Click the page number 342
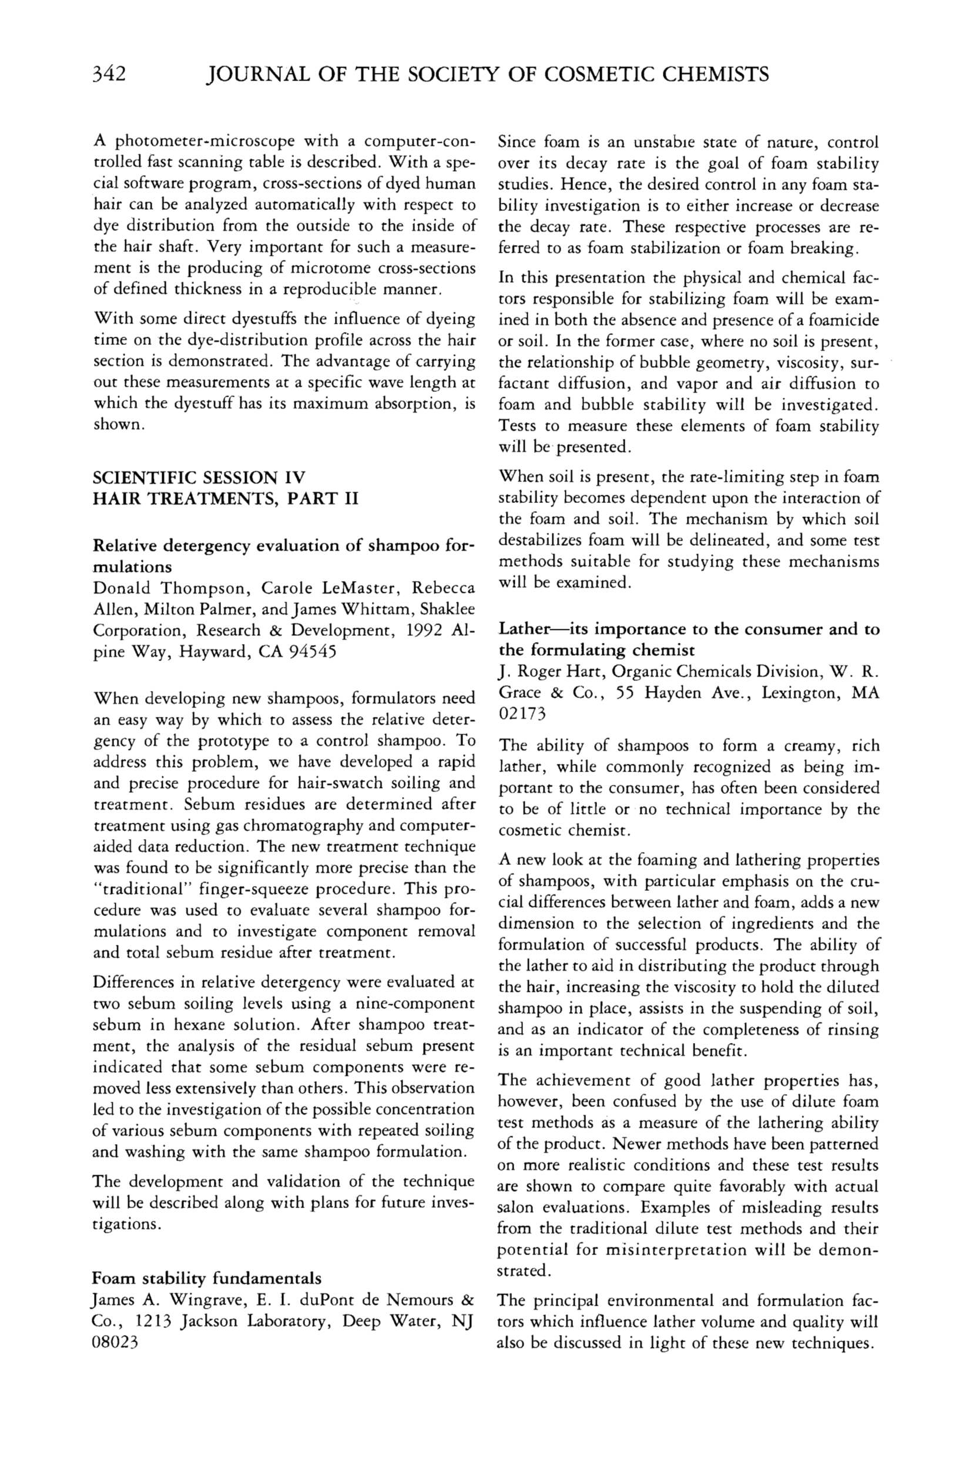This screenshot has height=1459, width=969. pos(109,74)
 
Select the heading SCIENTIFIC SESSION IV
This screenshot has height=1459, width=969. pos(199,478)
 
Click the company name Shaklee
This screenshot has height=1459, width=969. pos(447,610)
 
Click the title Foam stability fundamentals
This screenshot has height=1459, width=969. pos(206,1278)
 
